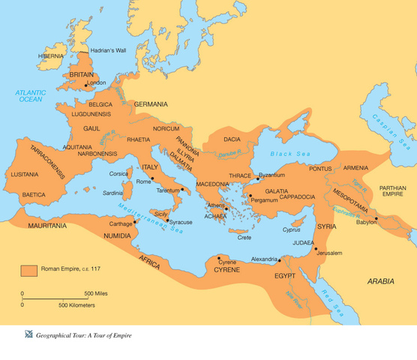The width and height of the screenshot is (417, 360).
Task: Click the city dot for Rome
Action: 153,178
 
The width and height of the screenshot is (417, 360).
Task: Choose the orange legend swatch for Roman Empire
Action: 29,269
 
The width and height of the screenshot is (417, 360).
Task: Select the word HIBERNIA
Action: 51,56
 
